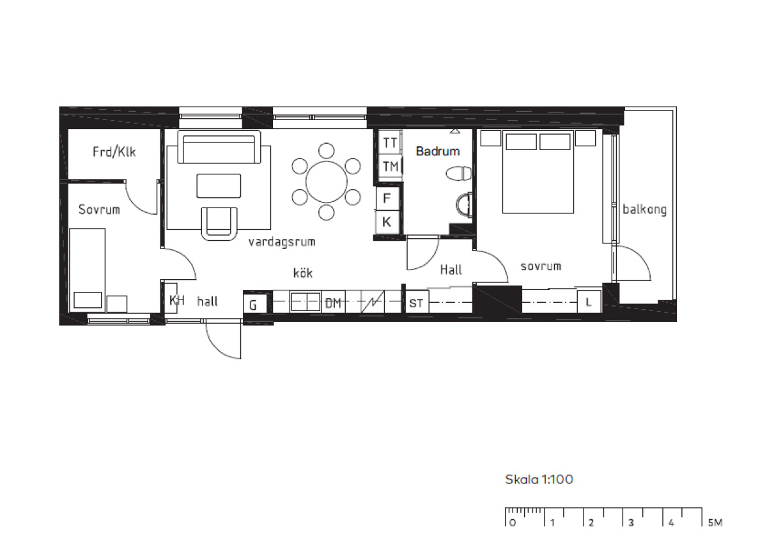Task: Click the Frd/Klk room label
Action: tap(114, 151)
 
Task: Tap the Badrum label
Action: tap(438, 151)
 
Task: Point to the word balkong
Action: tap(644, 210)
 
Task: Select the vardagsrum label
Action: tap(281, 242)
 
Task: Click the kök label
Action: tap(303, 273)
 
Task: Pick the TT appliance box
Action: tap(390, 142)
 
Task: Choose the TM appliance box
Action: tap(390, 166)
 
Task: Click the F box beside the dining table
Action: tap(387, 198)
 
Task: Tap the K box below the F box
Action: tap(387, 222)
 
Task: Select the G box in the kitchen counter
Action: tap(255, 303)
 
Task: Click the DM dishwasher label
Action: tap(333, 303)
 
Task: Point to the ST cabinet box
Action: tap(417, 302)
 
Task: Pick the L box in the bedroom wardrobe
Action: tap(589, 301)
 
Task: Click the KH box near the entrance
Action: tap(171, 298)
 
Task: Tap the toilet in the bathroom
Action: tap(458, 174)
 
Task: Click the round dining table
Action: tap(327, 181)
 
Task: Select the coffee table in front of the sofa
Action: tap(219, 186)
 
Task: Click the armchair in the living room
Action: tap(219, 224)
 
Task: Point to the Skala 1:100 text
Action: tap(539, 480)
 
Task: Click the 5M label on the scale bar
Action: tap(715, 522)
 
